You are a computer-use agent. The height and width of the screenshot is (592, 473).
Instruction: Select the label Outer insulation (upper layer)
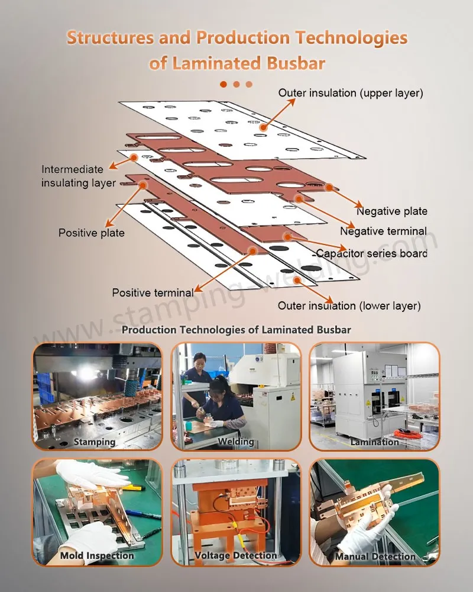351,93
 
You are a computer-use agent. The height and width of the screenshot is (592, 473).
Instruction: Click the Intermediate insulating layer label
78,176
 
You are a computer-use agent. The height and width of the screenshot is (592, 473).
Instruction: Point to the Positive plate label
92,233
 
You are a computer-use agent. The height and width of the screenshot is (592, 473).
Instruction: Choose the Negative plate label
391,211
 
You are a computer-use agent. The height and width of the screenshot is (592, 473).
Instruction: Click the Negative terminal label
383,231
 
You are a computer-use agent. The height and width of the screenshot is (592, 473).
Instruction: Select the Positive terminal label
153,292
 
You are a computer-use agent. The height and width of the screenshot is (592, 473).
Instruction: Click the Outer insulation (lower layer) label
349,305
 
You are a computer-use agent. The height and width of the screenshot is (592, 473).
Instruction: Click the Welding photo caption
236,442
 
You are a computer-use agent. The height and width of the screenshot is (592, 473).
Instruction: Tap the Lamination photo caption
374,442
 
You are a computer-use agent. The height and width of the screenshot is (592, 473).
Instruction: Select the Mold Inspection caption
97,556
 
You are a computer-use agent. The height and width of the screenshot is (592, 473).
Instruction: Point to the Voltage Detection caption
236,556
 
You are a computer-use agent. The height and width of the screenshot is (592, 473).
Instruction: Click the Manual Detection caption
375,556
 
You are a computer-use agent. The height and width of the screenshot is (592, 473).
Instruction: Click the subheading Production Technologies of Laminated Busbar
237,330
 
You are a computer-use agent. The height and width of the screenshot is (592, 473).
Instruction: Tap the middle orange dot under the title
237,84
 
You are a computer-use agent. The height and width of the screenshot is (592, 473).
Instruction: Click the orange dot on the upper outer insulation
262,126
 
